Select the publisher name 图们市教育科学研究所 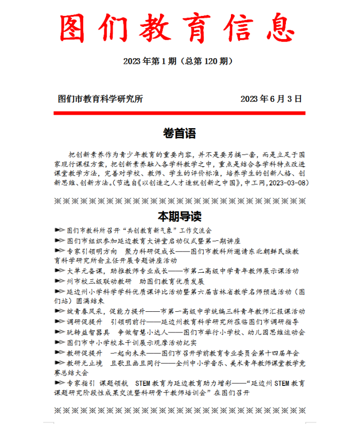point(101,99)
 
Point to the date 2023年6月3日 point(271,99)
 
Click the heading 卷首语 point(179,134)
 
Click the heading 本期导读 point(179,215)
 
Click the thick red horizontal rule point(179,113)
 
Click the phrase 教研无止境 point(85,363)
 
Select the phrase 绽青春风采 point(85,312)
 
